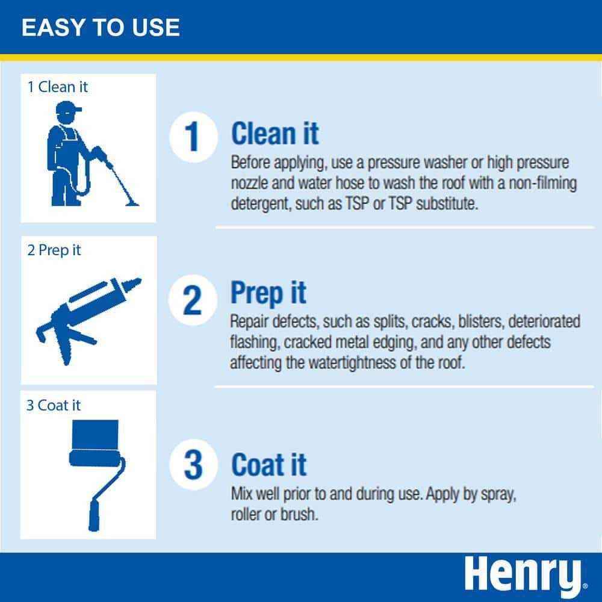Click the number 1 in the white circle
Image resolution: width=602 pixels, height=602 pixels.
pos(192,137)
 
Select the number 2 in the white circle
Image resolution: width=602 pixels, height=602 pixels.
pos(193,300)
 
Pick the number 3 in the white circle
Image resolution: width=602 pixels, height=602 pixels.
pos(193,465)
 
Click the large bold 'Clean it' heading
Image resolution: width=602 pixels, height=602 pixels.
pos(275,133)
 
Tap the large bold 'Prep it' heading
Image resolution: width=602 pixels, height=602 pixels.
pos(268,293)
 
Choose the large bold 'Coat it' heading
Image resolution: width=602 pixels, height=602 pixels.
pos(269,465)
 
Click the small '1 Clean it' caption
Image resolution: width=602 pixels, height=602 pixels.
pos(57,87)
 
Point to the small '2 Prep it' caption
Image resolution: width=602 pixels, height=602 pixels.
pos(54,250)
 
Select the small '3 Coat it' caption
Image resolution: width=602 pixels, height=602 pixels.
pos(54,405)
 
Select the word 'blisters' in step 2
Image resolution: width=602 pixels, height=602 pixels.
pos(480,321)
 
